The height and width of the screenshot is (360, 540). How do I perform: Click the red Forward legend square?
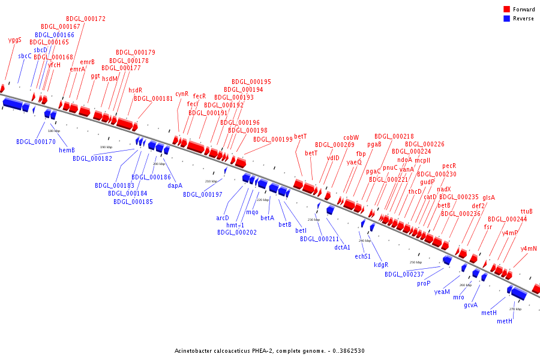tap(507, 10)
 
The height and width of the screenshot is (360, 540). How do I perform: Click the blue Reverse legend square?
tap(507, 19)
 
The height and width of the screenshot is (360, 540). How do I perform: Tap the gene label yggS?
tap(15, 40)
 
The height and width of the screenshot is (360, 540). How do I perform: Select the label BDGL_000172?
tap(86, 19)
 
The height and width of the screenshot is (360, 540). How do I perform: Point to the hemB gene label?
tap(67, 150)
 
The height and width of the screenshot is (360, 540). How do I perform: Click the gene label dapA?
tap(175, 185)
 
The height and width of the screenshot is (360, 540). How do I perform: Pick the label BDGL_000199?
tap(273, 140)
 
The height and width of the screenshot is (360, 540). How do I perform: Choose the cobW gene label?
tap(351, 138)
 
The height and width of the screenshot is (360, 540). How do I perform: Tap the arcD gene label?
tap(223, 218)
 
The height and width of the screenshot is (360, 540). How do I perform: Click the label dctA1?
tap(343, 247)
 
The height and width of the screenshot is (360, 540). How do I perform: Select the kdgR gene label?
tap(381, 265)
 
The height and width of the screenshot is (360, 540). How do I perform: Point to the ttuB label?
tap(527, 212)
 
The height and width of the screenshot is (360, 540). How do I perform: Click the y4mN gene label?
tap(529, 248)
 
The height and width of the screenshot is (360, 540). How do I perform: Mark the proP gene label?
tap(424, 283)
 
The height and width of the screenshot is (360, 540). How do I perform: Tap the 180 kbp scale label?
tap(53, 131)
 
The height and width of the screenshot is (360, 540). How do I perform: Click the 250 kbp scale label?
tap(416, 262)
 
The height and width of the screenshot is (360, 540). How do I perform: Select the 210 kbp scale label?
tap(211, 181)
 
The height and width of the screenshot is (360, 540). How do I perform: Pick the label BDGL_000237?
tap(404, 274)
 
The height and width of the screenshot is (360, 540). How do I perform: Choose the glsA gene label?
tap(489, 197)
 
